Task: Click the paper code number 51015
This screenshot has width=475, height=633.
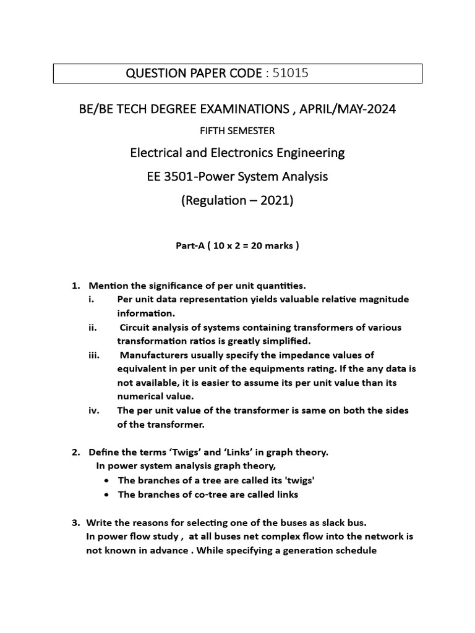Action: tap(287, 74)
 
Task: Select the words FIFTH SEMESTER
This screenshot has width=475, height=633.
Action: tap(237, 130)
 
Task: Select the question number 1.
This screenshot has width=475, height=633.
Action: tap(75, 286)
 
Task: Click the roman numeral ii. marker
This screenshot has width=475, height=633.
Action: tap(93, 327)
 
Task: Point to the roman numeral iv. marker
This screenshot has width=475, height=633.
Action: tap(93, 410)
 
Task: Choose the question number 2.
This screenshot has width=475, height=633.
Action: tap(75, 452)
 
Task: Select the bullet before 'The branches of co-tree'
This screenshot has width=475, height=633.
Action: tap(108, 495)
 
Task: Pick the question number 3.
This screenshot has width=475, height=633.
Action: tap(75, 522)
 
